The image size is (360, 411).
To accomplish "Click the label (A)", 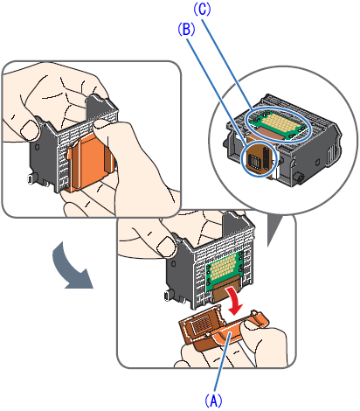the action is [213, 401].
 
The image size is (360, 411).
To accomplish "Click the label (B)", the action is [186, 30].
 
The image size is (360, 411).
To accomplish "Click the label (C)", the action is [202, 9].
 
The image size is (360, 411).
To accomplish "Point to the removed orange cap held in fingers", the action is [221, 330].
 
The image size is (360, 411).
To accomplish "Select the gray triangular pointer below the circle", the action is [274, 230].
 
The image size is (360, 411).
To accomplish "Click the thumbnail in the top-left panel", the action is [29, 130].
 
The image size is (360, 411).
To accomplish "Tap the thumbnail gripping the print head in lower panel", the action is [166, 247].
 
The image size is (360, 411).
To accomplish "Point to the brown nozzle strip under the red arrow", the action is [225, 292].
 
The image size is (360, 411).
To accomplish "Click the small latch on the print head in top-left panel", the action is [31, 178].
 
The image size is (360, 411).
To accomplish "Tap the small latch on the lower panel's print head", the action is [167, 296].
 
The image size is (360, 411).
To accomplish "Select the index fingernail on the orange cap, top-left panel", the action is [101, 123].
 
